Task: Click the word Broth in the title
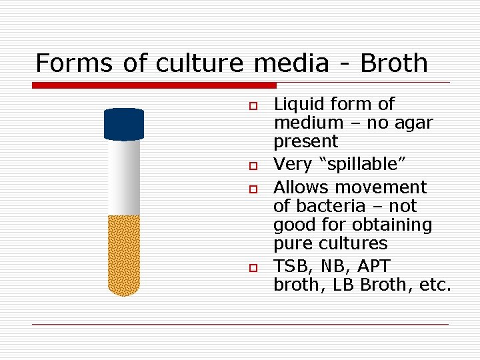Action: (393, 63)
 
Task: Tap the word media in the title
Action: (291, 63)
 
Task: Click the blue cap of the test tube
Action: (124, 125)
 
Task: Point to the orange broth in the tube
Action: (124, 253)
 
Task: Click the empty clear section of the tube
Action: (124, 177)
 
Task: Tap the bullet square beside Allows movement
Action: (253, 190)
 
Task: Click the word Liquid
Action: (297, 104)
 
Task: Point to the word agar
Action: (413, 123)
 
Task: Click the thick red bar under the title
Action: (154, 85)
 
